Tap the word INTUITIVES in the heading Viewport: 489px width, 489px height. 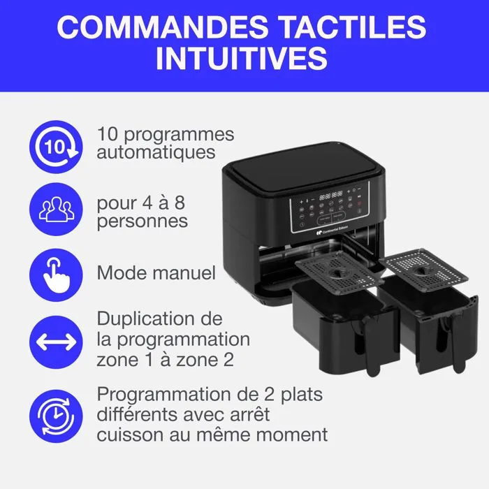(x=242, y=59)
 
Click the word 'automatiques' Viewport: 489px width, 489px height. (x=156, y=152)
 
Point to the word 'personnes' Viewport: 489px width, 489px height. (x=142, y=222)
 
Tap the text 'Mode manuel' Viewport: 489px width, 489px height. (x=156, y=273)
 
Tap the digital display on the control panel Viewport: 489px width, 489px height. (x=330, y=196)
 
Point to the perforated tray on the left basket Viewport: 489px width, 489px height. (x=340, y=272)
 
